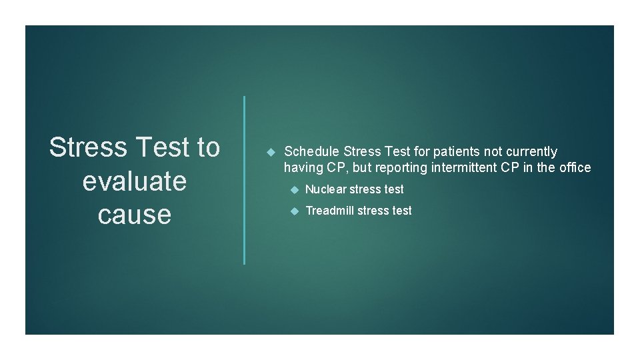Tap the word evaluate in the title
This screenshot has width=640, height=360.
134,181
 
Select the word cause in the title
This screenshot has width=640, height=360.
134,215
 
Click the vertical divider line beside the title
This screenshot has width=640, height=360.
245,180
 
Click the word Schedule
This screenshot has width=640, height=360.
311,152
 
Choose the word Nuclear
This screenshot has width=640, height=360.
325,189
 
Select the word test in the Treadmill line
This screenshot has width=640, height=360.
401,211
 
